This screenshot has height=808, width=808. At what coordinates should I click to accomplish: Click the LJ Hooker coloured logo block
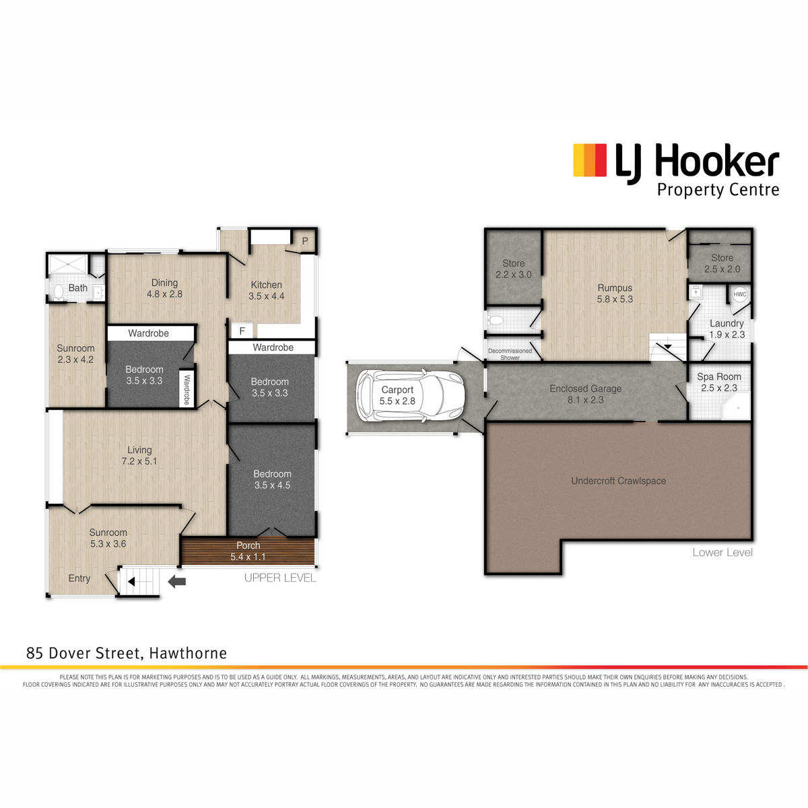coord(590,160)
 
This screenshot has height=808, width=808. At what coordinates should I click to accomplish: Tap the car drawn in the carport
coord(410,395)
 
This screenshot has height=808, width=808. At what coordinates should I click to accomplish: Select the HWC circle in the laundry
coord(739,294)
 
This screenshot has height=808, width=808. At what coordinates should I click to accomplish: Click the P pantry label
coord(305,241)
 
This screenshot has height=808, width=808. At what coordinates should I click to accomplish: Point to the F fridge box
coord(242,331)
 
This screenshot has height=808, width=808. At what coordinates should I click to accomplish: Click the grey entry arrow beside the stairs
coord(176,582)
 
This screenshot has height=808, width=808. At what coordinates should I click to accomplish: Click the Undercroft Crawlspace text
coord(619,481)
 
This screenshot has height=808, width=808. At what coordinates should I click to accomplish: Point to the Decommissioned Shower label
coord(510,354)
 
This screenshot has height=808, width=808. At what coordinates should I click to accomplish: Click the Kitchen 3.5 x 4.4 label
coord(266,290)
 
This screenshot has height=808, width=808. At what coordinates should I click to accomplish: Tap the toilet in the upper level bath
coord(58,293)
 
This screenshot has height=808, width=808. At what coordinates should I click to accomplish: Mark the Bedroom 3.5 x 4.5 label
coord(272,479)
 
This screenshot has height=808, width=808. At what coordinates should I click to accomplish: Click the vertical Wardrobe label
coord(187,390)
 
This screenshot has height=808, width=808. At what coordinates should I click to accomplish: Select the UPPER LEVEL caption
coord(280,578)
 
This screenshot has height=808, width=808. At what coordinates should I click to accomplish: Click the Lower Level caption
coord(722,552)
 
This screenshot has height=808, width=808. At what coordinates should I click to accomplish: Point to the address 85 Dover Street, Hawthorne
coord(127,653)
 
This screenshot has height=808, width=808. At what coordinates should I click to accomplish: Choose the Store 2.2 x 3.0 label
coord(513,269)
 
